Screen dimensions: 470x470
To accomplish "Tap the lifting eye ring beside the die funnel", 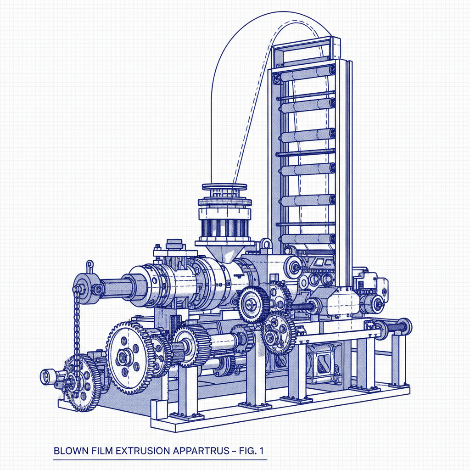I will point(265,244).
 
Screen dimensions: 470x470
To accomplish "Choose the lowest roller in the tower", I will point(307,239).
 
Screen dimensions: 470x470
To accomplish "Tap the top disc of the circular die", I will point(224,187).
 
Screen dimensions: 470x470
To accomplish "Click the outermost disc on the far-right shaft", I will point(406,326).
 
